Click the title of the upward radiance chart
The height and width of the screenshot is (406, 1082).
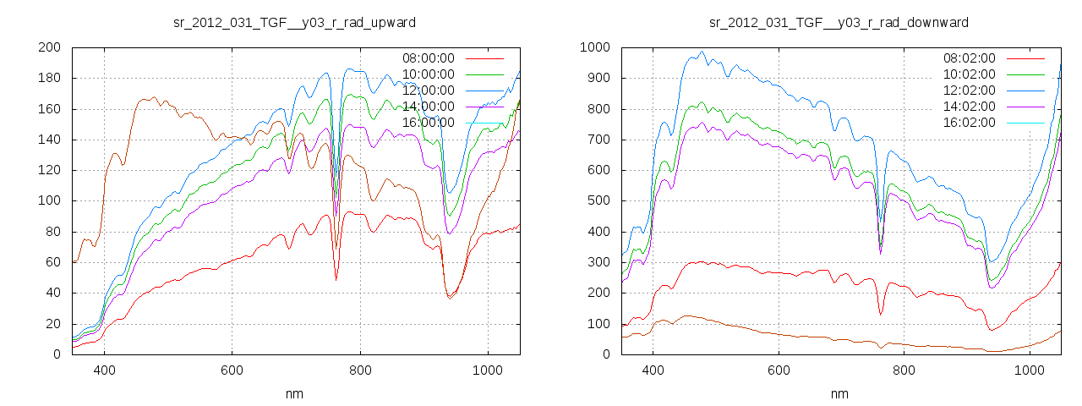(x=294, y=22)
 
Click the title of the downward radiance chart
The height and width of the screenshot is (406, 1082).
(x=839, y=22)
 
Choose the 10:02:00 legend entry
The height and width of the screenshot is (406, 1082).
(x=970, y=74)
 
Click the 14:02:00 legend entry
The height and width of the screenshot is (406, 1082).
(x=970, y=107)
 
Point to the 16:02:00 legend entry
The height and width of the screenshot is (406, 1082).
(x=970, y=123)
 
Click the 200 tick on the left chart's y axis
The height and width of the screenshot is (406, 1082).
(x=48, y=47)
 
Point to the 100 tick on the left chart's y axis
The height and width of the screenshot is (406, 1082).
(x=48, y=201)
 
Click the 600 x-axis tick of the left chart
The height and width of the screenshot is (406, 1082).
(x=232, y=370)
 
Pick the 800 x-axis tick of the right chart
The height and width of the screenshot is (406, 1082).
(x=904, y=370)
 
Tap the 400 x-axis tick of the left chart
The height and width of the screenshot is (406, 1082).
(x=105, y=370)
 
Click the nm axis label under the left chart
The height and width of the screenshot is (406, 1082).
(x=294, y=393)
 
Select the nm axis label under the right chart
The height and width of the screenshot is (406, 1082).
(x=839, y=393)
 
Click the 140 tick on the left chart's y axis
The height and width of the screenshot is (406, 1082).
(x=48, y=140)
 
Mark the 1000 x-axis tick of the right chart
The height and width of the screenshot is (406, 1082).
(x=1029, y=370)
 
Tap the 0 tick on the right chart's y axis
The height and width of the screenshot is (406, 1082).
(x=604, y=354)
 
